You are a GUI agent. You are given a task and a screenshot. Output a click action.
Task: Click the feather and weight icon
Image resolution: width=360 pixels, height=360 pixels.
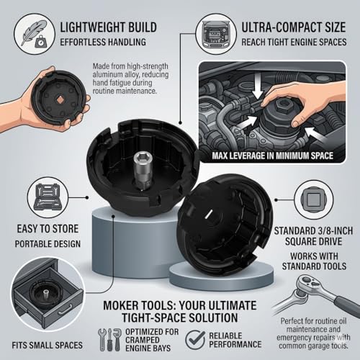point(35,33)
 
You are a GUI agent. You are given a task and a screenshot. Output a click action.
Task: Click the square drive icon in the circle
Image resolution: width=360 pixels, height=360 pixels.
point(314,199)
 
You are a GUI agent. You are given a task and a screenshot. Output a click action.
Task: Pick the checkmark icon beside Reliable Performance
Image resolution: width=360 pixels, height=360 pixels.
point(195,339)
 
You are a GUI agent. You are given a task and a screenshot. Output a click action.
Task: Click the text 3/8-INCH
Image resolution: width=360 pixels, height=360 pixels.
point(332,231)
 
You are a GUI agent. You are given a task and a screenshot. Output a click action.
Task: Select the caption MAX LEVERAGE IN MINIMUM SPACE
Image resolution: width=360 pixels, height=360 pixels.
point(272,156)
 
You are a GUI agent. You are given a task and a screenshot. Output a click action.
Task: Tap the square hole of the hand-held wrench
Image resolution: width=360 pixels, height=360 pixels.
point(59,99)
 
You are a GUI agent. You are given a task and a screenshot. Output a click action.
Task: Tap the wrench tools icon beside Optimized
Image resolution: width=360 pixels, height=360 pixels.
point(110,340)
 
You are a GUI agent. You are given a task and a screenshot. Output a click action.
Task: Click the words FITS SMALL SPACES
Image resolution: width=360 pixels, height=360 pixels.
point(48,346)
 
